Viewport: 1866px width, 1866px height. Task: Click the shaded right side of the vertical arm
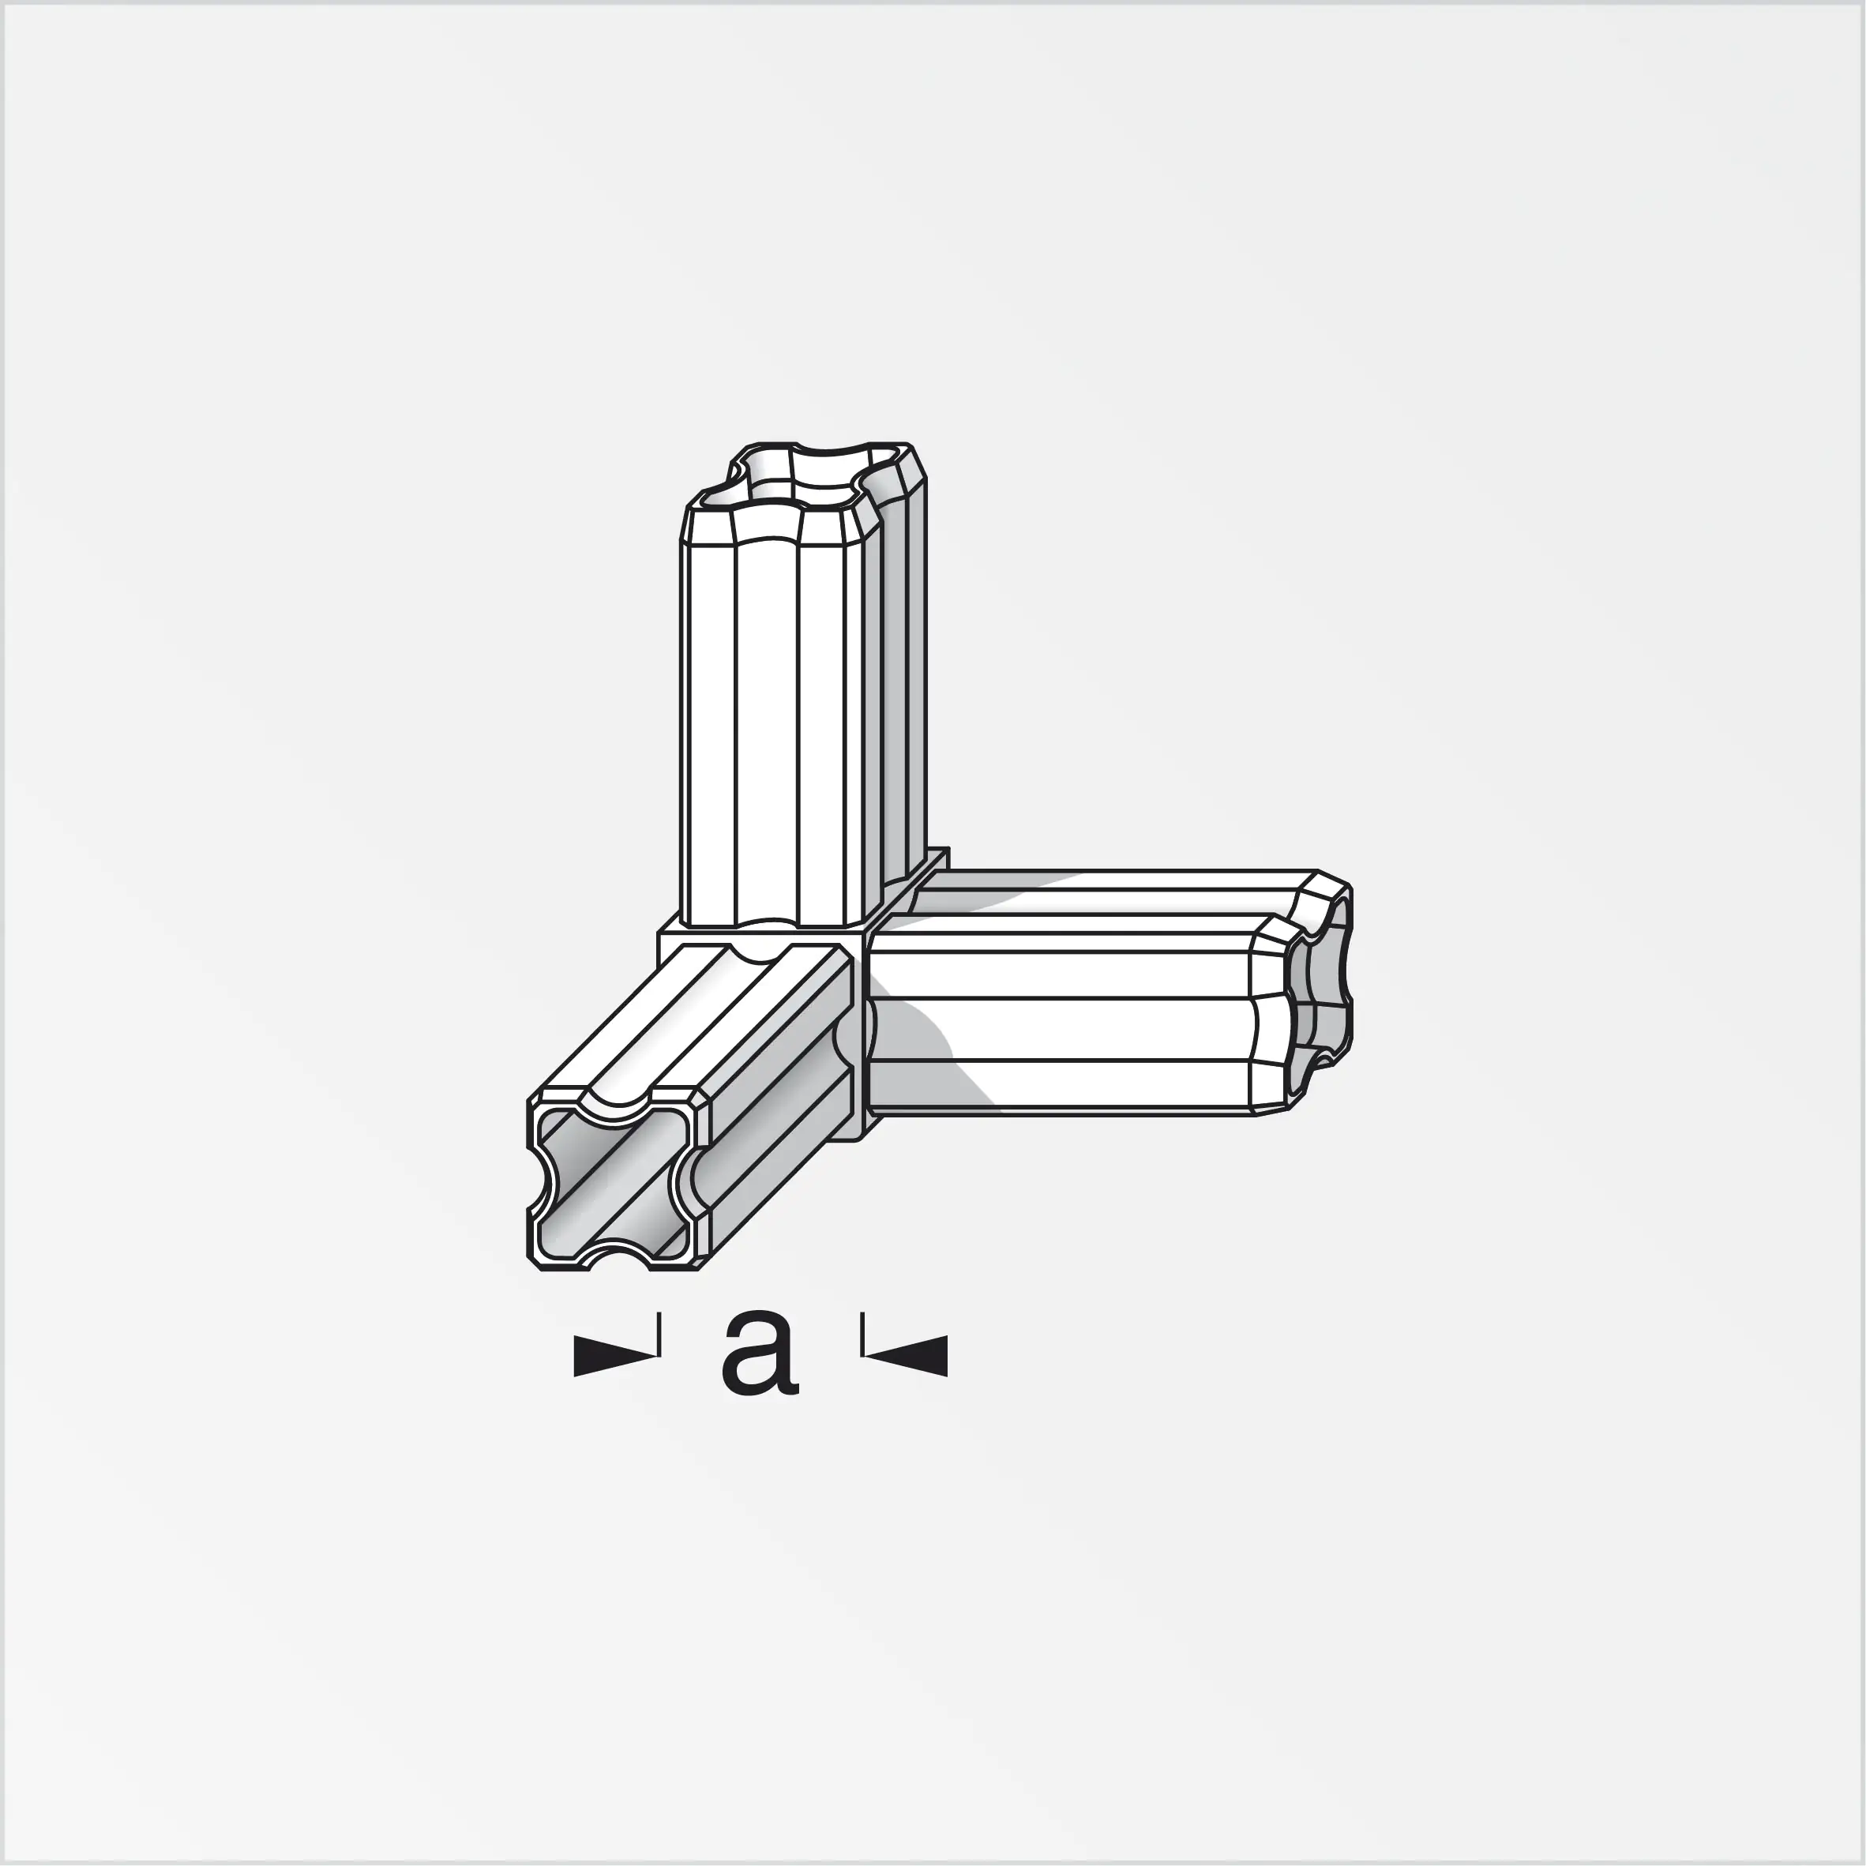903,696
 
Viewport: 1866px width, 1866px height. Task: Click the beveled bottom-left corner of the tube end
534,1261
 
